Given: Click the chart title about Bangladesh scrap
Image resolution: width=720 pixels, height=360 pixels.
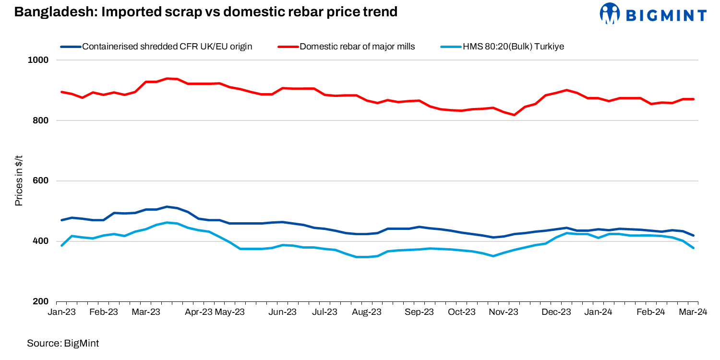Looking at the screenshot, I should pyautogui.click(x=206, y=12).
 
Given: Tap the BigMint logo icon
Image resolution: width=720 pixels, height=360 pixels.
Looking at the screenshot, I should pyautogui.click(x=610, y=13).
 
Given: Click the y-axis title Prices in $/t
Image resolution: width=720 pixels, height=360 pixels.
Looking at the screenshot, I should pyautogui.click(x=19, y=180).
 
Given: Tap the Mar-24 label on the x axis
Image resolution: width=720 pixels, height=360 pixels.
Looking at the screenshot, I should pyautogui.click(x=693, y=312).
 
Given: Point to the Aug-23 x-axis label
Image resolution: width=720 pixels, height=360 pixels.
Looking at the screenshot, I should pyautogui.click(x=367, y=312).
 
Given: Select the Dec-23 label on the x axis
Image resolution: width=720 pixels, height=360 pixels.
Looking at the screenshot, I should pyautogui.click(x=556, y=312).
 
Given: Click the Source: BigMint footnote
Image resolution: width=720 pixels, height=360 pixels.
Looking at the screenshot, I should pyautogui.click(x=63, y=343).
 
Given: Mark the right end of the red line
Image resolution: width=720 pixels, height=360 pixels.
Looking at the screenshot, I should pyautogui.click(x=694, y=99).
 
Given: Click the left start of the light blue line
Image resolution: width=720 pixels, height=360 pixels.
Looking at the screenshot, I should pyautogui.click(x=62, y=245).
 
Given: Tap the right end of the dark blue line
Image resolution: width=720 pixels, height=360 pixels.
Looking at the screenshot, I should pyautogui.click(x=694, y=235).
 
